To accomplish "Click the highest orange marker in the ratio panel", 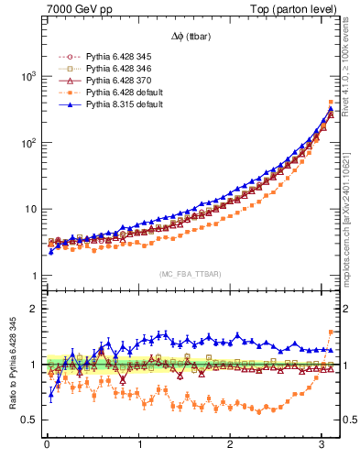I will click(x=331, y=333).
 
